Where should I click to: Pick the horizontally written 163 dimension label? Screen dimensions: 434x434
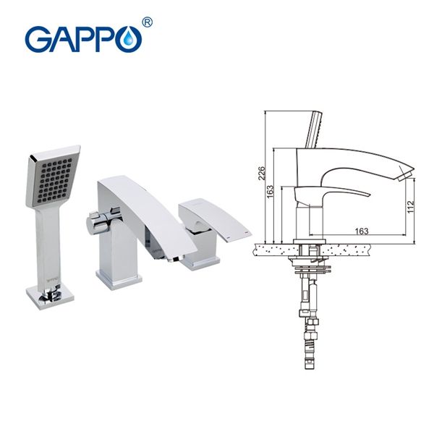point(362,231)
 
